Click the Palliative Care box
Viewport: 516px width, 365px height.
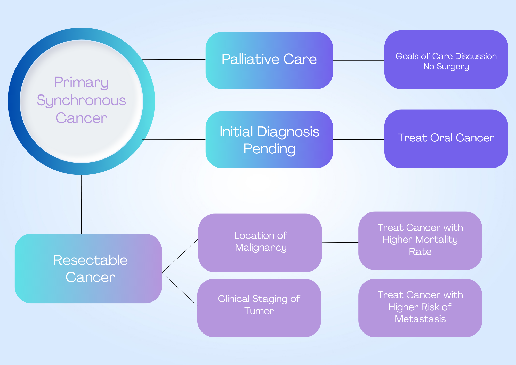(x=269, y=60)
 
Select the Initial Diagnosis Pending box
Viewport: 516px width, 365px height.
(x=269, y=140)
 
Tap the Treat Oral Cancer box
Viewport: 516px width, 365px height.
(x=446, y=139)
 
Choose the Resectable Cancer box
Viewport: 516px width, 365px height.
(x=88, y=268)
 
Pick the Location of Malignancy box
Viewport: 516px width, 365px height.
(x=260, y=243)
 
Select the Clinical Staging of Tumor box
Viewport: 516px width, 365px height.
(x=259, y=308)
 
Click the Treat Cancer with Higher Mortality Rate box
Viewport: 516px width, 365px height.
(x=420, y=241)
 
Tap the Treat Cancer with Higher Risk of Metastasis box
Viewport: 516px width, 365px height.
(x=420, y=308)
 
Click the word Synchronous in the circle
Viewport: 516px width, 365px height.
(x=81, y=100)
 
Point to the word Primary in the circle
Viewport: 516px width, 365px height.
(x=81, y=83)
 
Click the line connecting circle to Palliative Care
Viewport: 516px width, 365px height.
(x=174, y=60)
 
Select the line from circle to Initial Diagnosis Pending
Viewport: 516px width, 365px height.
(x=174, y=140)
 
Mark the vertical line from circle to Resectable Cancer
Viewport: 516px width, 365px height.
(x=82, y=204)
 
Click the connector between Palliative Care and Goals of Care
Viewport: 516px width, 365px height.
(x=359, y=60)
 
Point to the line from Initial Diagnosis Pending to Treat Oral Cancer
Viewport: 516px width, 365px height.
(x=359, y=140)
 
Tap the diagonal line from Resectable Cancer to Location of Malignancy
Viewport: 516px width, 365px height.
(x=180, y=256)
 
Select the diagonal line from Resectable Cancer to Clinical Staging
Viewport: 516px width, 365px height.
(x=180, y=289)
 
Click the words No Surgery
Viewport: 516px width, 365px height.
(x=446, y=67)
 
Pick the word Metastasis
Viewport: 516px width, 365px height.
(x=420, y=319)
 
